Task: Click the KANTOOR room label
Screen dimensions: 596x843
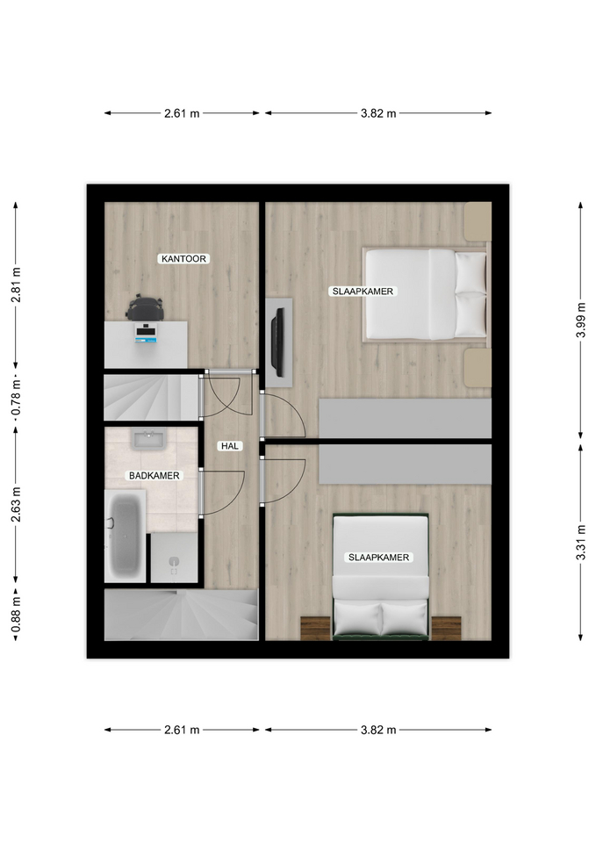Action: pyautogui.click(x=183, y=258)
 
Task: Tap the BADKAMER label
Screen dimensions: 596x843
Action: pyautogui.click(x=154, y=475)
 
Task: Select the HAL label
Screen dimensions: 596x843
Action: pyautogui.click(x=229, y=446)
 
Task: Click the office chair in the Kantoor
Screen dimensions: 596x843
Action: pyautogui.click(x=144, y=308)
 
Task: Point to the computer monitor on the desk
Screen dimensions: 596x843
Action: pyautogui.click(x=147, y=333)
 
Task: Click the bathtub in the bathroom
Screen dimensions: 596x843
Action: pyautogui.click(x=125, y=536)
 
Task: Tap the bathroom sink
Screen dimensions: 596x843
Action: pyautogui.click(x=149, y=440)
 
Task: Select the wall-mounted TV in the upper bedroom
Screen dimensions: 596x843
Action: pyautogui.click(x=278, y=342)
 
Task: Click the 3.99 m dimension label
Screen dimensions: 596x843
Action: pyautogui.click(x=580, y=320)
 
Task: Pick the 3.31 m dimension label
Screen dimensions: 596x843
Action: pyautogui.click(x=580, y=542)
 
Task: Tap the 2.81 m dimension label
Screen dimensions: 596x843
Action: pyautogui.click(x=16, y=285)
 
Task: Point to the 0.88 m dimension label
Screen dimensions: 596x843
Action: pyautogui.click(x=16, y=614)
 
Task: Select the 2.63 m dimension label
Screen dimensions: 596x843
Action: pyautogui.click(x=16, y=504)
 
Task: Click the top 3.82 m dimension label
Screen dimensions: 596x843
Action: pyautogui.click(x=378, y=113)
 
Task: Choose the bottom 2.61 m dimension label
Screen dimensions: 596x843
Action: pyautogui.click(x=182, y=730)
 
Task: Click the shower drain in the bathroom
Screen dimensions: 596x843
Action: pyautogui.click(x=174, y=562)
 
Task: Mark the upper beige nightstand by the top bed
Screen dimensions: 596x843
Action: pyautogui.click(x=478, y=221)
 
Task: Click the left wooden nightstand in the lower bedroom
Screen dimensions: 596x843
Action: pyautogui.click(x=315, y=629)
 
